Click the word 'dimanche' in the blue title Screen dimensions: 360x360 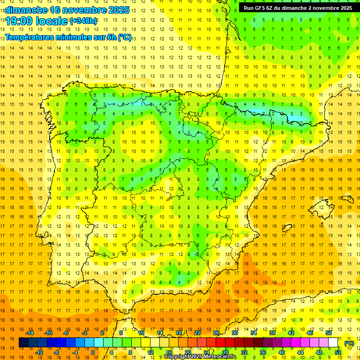point(26,10)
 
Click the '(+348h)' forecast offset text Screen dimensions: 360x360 point(83,21)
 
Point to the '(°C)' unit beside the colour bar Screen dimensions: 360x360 point(349,344)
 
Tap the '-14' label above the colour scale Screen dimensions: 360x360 point(30,333)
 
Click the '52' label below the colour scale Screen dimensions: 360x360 point(338,352)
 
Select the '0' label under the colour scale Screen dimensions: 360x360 point(93,352)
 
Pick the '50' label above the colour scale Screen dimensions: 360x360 point(328,333)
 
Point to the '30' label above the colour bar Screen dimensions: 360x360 point(234,333)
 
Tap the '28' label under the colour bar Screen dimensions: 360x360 point(225,352)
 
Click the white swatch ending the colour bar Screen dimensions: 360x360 point(333,343)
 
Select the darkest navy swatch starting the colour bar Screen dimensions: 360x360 point(23,343)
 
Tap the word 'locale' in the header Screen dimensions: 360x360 point(52,22)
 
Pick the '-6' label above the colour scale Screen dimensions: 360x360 point(66,333)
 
